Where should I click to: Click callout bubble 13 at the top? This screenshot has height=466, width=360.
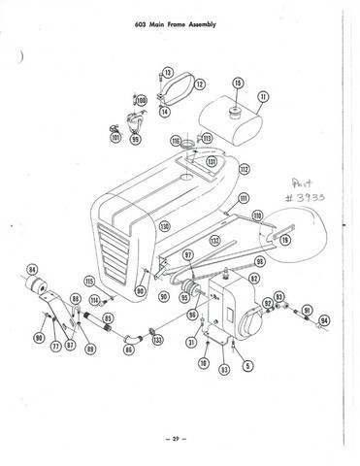168,73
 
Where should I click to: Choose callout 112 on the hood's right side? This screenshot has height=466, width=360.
245,169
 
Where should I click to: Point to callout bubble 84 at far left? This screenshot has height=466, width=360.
32,270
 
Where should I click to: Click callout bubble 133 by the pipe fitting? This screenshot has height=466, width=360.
158,341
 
